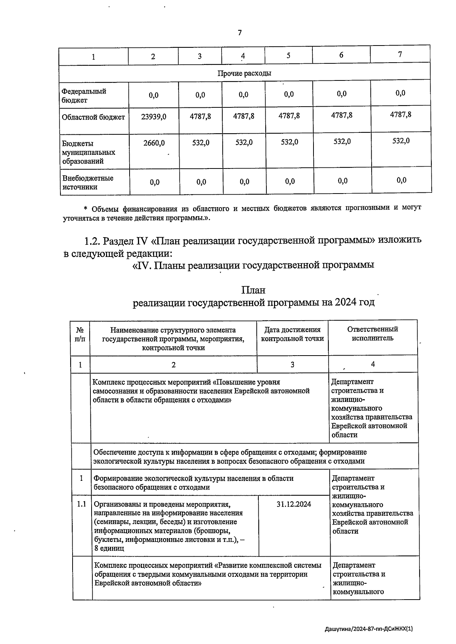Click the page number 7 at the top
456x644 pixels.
point(239,33)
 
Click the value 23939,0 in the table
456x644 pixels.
point(154,117)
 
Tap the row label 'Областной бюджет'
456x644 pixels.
point(93,117)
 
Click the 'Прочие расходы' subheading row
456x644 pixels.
point(244,73)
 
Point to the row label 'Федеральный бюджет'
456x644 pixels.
point(84,96)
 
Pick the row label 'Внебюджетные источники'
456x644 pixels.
point(88,183)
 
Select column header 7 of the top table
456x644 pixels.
point(400,54)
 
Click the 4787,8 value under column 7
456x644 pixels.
point(401,115)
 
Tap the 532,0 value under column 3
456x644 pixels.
point(201,143)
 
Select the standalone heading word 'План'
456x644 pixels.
point(253,290)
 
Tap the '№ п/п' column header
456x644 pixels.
point(80,334)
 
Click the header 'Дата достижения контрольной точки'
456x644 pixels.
point(292,334)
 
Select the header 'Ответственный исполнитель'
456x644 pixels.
point(372,334)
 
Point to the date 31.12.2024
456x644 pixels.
point(294,504)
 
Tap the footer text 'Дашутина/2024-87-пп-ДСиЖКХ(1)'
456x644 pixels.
point(369,629)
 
